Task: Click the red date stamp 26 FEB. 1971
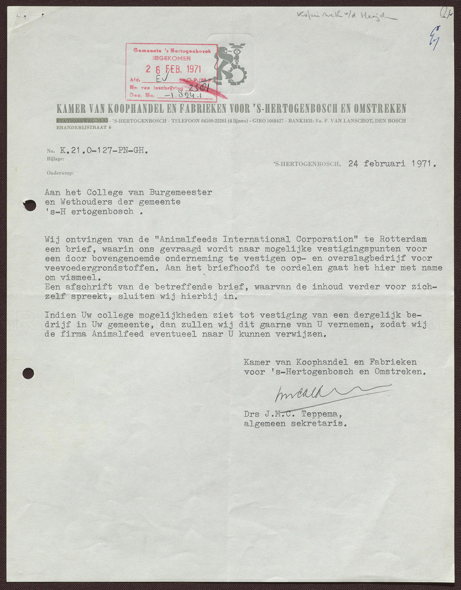click(173, 69)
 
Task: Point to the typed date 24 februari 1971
click(392, 164)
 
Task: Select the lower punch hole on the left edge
click(28, 373)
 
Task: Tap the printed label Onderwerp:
click(60, 173)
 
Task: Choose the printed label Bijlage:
click(55, 158)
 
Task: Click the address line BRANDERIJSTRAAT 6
click(84, 127)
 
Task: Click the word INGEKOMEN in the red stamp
click(171, 58)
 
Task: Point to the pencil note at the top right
click(346, 15)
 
